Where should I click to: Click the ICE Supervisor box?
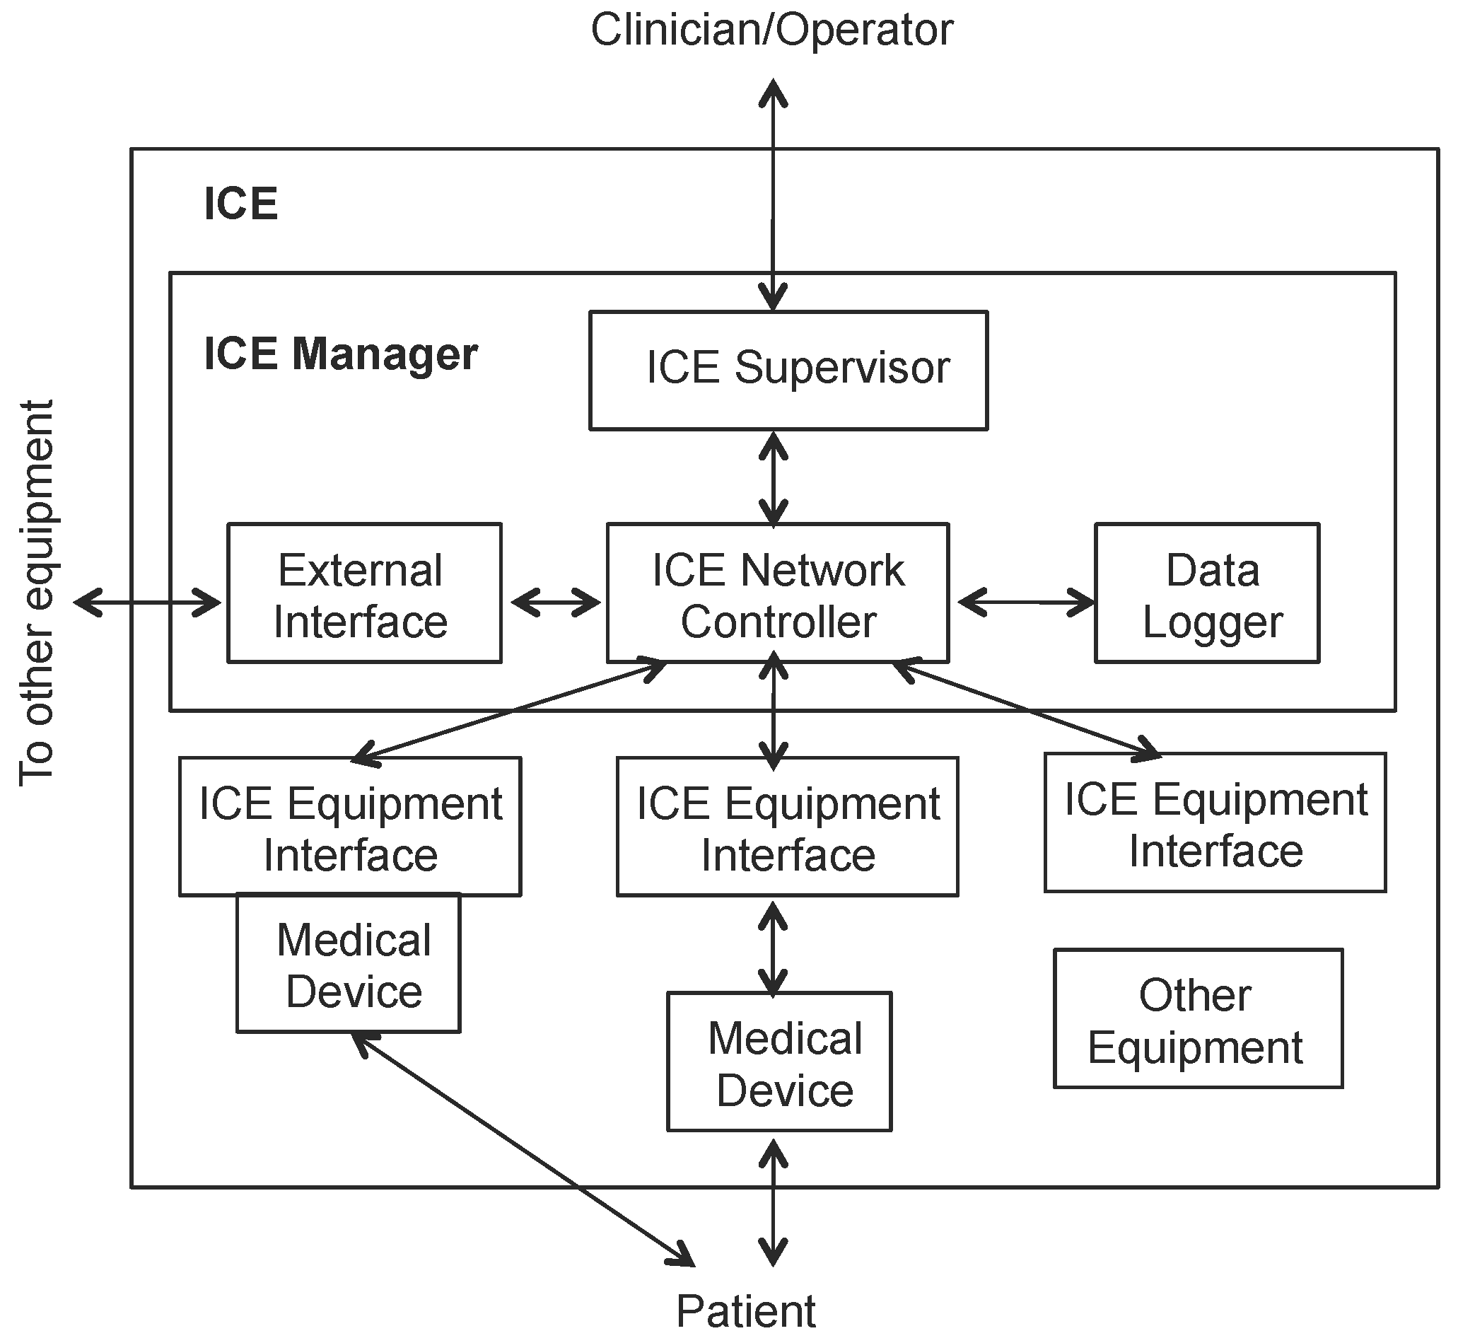pyautogui.click(x=788, y=371)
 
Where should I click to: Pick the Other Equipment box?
pyautogui.click(x=1198, y=1018)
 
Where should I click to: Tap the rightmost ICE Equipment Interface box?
pyautogui.click(x=1215, y=822)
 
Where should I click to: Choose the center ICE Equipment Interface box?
pyautogui.click(x=787, y=827)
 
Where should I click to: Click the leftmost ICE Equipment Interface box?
pyautogui.click(x=349, y=827)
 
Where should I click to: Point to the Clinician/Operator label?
pyautogui.click(x=771, y=30)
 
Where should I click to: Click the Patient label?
pyautogui.click(x=745, y=1312)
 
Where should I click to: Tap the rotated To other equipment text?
pyautogui.click(x=36, y=592)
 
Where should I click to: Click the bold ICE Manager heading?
pyautogui.click(x=340, y=354)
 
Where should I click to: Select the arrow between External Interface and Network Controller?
pyautogui.click(x=555, y=603)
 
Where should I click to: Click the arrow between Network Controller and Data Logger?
pyautogui.click(x=1025, y=603)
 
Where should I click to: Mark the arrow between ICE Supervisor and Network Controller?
pyautogui.click(x=773, y=478)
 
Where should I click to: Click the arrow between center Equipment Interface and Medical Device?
pyautogui.click(x=772, y=948)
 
